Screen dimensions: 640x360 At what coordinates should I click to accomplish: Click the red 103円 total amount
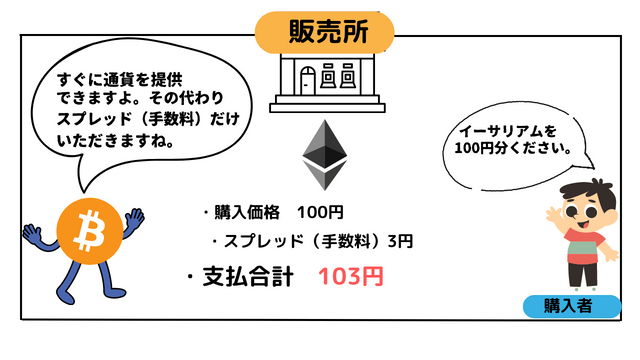350,277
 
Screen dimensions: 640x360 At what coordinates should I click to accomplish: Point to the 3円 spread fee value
400,242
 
